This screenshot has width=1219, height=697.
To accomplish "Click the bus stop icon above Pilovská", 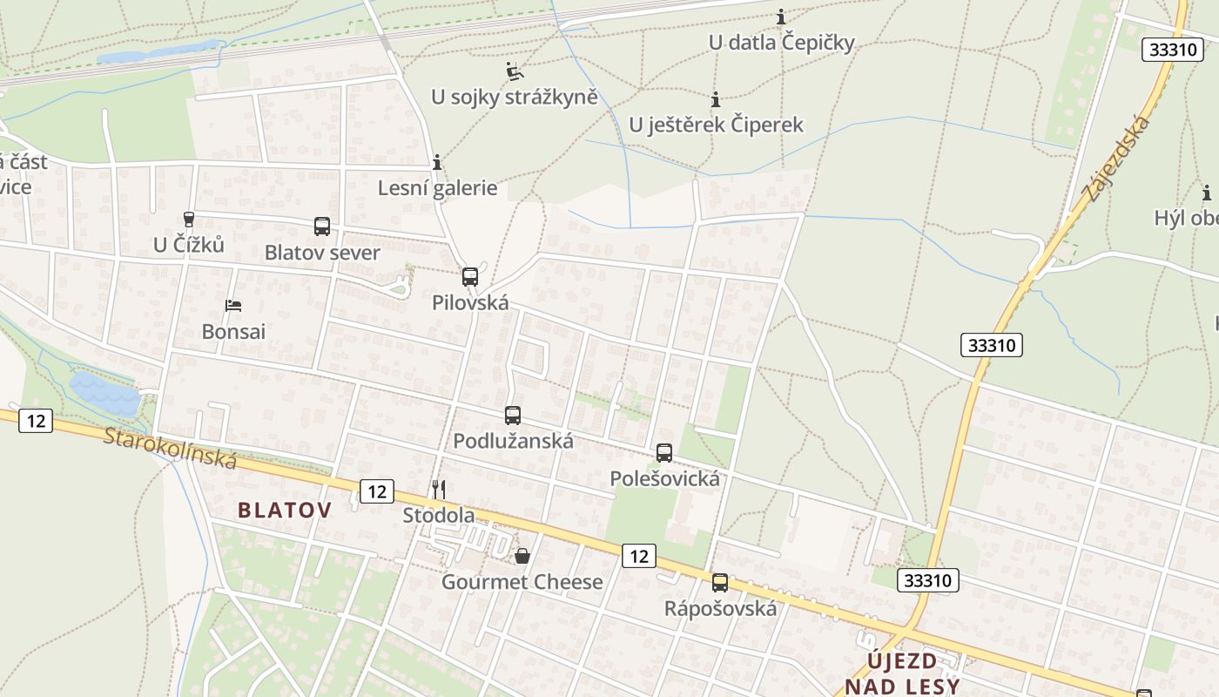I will (470, 277).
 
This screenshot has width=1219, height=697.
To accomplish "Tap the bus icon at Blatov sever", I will (322, 227).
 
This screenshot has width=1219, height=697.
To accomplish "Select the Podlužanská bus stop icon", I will (513, 416).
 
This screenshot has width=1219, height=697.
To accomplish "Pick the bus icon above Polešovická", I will (664, 453).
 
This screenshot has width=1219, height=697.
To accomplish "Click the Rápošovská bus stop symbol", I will (720, 583).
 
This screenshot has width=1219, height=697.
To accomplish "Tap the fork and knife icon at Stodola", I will (439, 490).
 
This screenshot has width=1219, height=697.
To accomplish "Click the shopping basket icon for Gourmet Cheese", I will (522, 556).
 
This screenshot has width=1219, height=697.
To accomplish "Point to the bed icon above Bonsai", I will (233, 305).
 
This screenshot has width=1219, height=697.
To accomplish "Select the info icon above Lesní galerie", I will (437, 162).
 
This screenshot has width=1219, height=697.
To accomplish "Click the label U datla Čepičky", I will (781, 42).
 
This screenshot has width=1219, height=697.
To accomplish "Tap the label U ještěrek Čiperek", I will (716, 125).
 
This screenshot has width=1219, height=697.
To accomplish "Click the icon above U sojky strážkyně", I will (515, 71).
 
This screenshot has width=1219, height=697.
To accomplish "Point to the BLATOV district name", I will (285, 511).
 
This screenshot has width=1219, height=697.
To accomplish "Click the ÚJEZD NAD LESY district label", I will (902, 673).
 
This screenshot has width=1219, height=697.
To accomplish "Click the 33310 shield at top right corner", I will (1172, 50).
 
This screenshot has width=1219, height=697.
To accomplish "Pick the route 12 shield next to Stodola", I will (376, 491).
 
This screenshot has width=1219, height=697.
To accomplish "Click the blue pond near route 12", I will (104, 394).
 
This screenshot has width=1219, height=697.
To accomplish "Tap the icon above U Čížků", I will (189, 219).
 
